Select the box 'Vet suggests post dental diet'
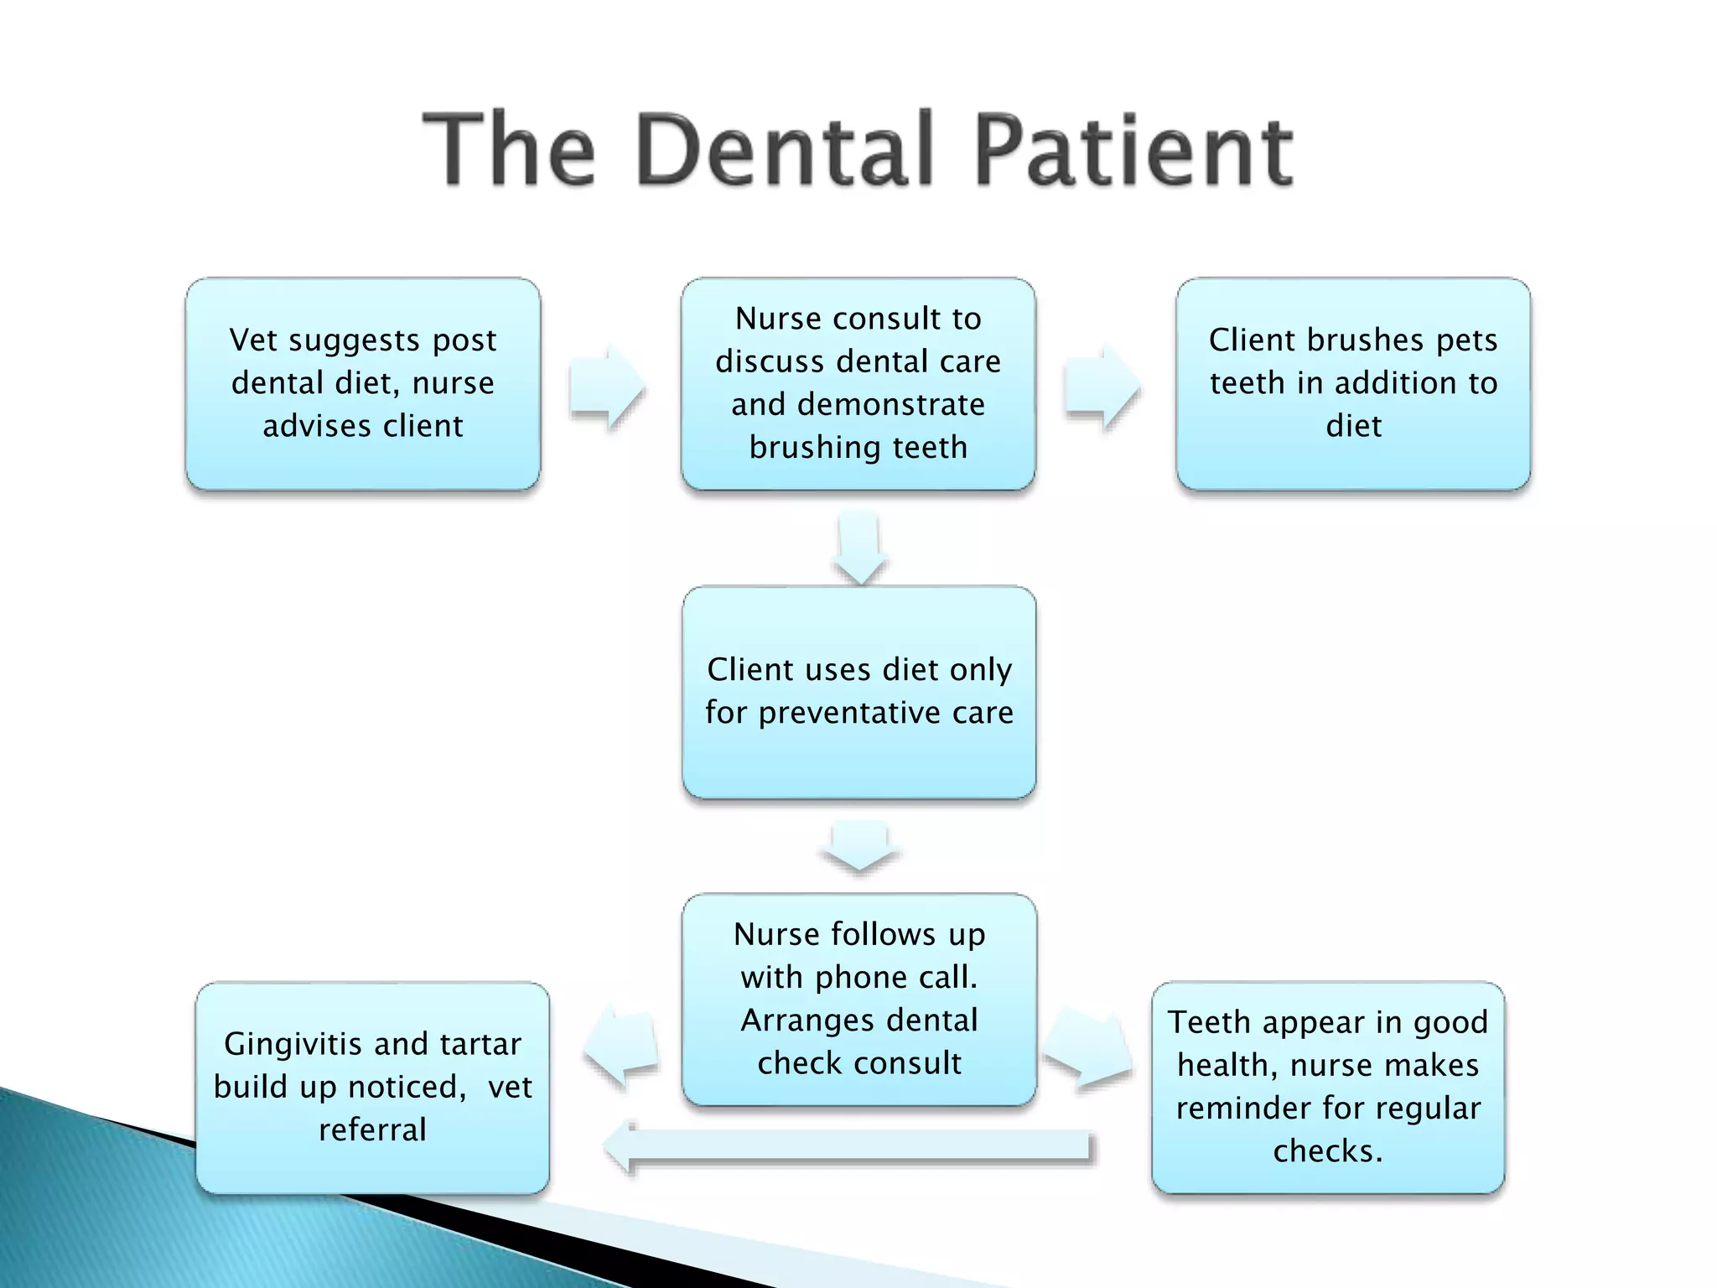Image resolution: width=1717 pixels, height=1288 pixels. click(363, 384)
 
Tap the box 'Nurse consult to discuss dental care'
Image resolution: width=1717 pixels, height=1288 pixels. click(858, 384)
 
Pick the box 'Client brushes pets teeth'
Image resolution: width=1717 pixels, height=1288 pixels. click(1353, 384)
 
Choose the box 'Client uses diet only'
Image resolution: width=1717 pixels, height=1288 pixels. click(858, 692)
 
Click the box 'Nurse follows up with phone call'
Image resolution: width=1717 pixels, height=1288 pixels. click(859, 999)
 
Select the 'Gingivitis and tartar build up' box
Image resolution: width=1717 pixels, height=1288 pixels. click(372, 1088)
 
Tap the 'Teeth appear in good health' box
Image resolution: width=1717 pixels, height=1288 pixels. click(1328, 1088)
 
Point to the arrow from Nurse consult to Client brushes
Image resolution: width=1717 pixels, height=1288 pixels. click(1102, 387)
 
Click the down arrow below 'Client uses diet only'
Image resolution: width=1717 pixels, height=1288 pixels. click(859, 847)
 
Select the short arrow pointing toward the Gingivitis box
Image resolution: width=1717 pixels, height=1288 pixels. click(623, 1045)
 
